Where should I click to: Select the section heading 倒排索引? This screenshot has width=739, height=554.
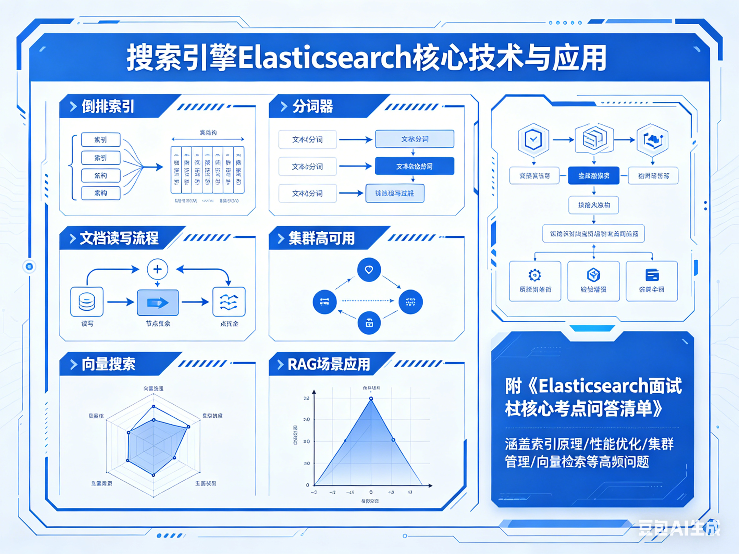pos(108,107)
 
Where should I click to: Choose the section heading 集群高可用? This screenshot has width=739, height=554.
pos(321,238)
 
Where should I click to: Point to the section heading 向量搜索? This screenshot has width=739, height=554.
pos(108,364)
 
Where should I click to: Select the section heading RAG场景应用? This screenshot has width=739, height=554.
pos(329,364)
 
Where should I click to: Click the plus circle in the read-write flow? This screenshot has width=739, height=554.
pos(157,269)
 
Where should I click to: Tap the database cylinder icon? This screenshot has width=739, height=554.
pos(87,302)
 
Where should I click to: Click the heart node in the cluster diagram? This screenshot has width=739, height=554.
pos(369,269)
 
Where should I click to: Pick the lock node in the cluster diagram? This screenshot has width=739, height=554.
pos(369,323)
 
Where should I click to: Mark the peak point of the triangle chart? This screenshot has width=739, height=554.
pos(371,398)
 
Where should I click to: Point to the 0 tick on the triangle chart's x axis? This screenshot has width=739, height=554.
pos(371,492)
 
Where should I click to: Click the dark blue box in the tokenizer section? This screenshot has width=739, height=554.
pos(415,166)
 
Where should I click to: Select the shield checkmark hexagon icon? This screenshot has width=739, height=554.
pos(534,139)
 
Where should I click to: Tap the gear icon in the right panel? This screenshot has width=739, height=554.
pos(535,275)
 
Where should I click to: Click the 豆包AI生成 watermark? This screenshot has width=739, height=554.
pos(679,528)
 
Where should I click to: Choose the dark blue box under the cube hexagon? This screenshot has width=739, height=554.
pos(594,176)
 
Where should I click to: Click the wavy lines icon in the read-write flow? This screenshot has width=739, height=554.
pos(229,302)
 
